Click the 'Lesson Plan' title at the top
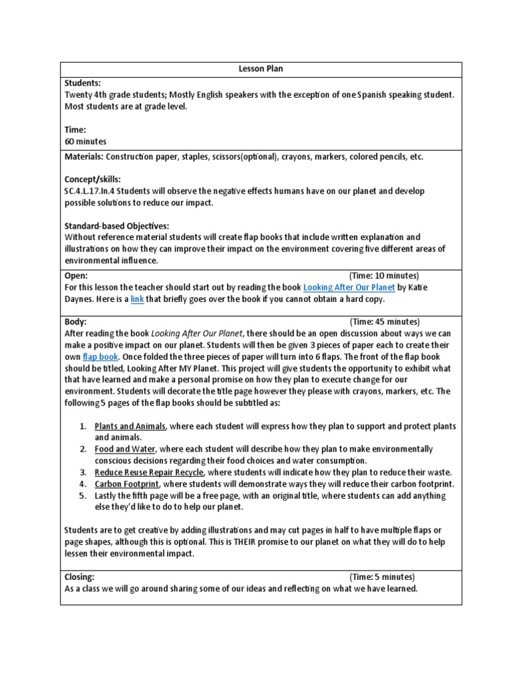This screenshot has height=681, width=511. tap(255, 68)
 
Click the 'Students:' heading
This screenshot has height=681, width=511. tap(83, 83)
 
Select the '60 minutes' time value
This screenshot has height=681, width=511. tap(85, 141)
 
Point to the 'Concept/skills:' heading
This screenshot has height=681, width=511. tap(92, 180)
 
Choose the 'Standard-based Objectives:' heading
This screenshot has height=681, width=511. tap(116, 225)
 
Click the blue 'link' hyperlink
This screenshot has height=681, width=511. tap(137, 299)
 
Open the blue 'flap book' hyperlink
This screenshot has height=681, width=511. tap(100, 357)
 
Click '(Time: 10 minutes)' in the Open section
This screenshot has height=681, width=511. tap(384, 275)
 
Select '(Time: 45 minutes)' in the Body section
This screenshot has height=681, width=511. tap(385, 321)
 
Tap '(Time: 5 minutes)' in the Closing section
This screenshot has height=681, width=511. tap(382, 577)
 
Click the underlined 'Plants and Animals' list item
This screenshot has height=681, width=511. tap(130, 426)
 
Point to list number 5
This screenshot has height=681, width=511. tap(82, 495)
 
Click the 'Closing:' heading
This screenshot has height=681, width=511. tap(79, 577)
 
